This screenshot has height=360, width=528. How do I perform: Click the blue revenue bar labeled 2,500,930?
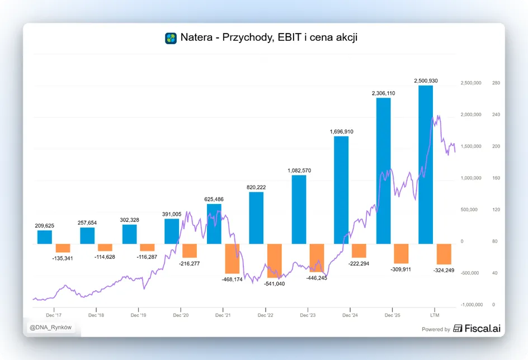(x=426, y=164)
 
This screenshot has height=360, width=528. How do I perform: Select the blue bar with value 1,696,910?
(x=341, y=190)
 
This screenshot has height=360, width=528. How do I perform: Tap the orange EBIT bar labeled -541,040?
(x=275, y=260)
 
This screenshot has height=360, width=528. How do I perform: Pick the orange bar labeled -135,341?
(x=63, y=248)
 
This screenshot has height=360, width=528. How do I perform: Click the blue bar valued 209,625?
(x=45, y=237)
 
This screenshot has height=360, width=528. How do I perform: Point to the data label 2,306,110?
(x=384, y=93)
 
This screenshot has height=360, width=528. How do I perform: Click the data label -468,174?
(x=232, y=280)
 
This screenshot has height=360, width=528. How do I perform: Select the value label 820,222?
(x=256, y=187)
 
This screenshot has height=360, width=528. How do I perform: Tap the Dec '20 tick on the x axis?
(x=181, y=315)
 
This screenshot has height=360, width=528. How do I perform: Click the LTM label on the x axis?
(x=435, y=315)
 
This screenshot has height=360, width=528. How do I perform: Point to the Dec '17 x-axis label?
(x=54, y=315)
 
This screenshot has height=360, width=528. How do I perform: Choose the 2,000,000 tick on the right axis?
(x=471, y=115)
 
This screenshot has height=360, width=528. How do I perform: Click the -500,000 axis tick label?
(x=470, y=273)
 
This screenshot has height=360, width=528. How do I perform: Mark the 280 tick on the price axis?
(x=496, y=83)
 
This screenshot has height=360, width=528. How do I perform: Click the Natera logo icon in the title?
(x=171, y=38)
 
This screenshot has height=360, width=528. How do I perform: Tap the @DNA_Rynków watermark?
(x=50, y=328)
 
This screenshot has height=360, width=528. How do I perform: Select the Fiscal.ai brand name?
(x=483, y=328)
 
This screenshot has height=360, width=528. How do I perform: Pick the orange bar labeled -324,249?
(x=444, y=254)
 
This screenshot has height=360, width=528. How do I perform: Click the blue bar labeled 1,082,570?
(x=299, y=210)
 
